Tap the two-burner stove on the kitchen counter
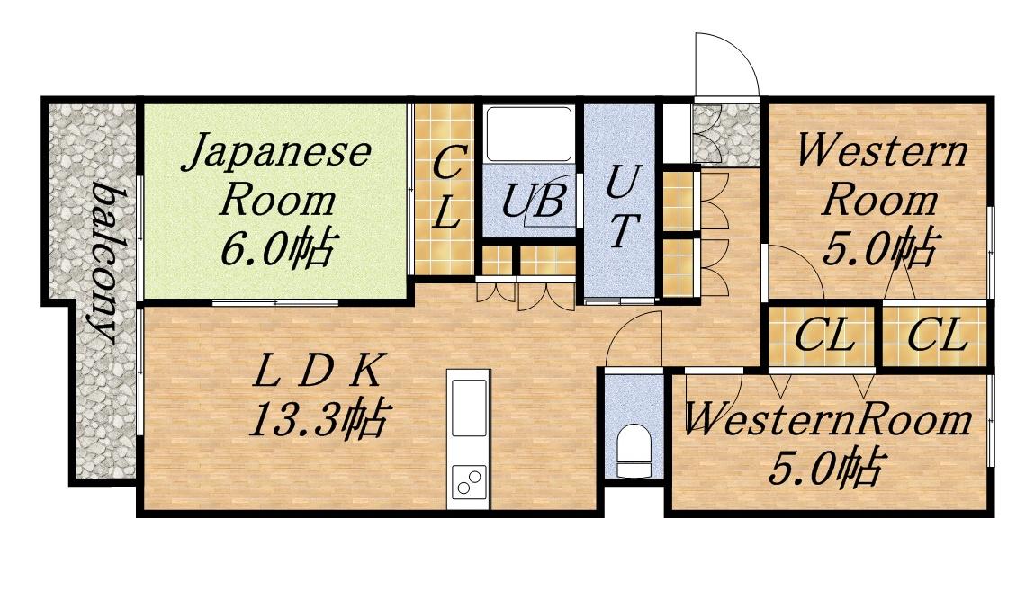(469, 483)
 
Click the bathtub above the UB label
(528, 134)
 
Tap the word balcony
(106, 264)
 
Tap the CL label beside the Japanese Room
(447, 190)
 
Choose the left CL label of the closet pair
(823, 336)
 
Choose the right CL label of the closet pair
(936, 336)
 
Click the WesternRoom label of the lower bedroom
(828, 419)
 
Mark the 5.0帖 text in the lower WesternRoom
(823, 466)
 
